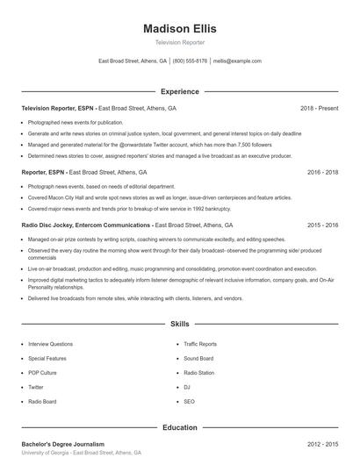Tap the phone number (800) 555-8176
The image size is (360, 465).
[x=190, y=61]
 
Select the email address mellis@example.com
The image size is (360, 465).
[x=238, y=61]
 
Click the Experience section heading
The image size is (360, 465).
[x=179, y=91]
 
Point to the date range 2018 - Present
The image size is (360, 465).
[x=319, y=108]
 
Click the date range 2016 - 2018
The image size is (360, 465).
[x=322, y=173]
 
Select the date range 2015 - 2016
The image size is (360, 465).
[x=322, y=225]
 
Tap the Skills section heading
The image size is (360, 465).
[x=179, y=324]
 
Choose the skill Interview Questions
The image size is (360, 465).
[x=50, y=344]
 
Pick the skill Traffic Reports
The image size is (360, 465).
[x=200, y=344]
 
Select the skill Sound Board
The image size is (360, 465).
[x=198, y=358]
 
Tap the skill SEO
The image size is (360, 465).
[x=189, y=400]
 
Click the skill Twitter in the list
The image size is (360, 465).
[x=36, y=386]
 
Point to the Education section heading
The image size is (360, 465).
[x=179, y=427]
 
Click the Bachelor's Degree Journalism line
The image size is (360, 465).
[x=62, y=445]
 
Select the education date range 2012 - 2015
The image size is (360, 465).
[x=322, y=445]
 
